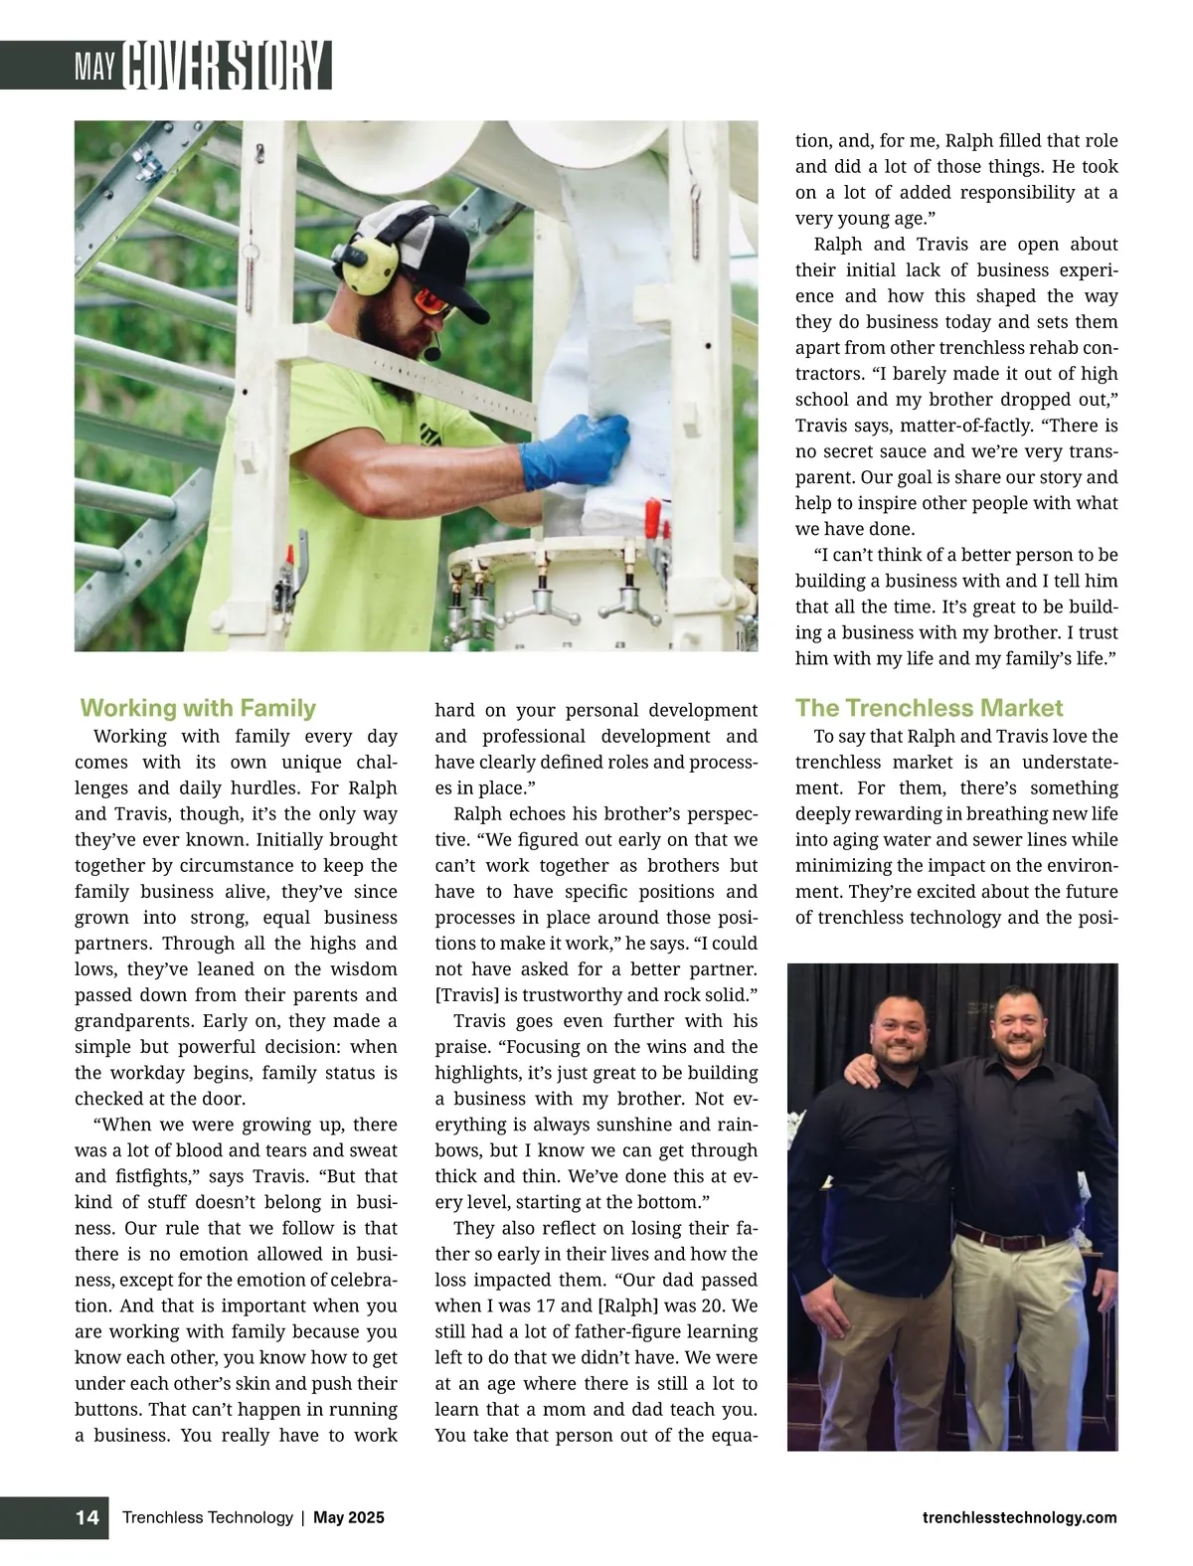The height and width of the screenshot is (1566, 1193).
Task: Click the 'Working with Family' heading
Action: (x=198, y=708)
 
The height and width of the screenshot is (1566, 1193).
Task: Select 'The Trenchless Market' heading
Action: (x=929, y=708)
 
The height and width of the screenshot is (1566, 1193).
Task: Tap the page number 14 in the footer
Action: (x=87, y=1517)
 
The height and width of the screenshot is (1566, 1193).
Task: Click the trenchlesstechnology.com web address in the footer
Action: (x=1019, y=1517)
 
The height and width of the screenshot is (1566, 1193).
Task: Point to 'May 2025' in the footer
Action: (x=349, y=1517)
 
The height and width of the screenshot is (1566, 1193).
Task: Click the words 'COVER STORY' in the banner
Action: (x=226, y=67)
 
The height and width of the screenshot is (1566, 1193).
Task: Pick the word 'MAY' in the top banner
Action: (x=95, y=68)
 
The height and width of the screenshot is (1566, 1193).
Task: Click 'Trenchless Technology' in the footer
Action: (x=207, y=1517)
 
